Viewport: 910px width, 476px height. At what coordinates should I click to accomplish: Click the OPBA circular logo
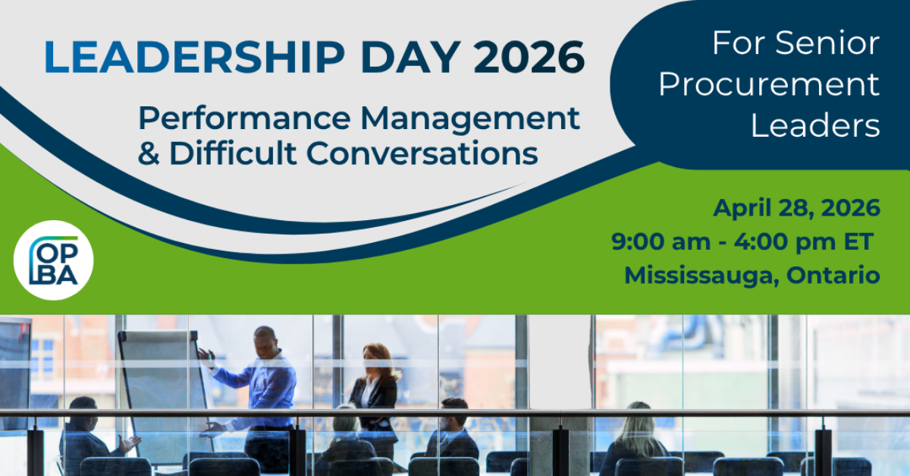53,260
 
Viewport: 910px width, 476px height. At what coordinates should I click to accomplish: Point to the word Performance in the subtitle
243,118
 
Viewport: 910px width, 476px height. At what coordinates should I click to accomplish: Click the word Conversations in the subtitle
422,153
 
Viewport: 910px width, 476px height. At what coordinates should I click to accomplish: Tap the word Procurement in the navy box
769,84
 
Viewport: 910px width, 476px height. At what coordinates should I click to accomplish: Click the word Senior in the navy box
829,43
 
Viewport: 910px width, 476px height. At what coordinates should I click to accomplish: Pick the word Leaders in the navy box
815,125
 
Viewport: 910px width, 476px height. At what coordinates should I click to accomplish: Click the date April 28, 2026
796,207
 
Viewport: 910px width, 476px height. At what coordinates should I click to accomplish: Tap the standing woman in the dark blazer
374,395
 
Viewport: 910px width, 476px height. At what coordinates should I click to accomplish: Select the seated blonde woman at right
637,436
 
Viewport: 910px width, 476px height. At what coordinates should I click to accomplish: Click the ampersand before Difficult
149,153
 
